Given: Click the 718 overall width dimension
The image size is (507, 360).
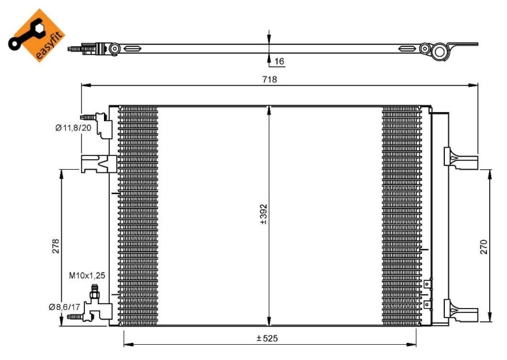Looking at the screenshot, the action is [x=269, y=79].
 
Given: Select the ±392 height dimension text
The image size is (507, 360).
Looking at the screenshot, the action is [x=264, y=214].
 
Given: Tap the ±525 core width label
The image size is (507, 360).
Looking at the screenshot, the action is [x=267, y=338].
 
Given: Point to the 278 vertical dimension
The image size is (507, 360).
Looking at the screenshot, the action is [x=56, y=246].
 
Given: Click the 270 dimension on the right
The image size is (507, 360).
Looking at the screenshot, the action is [x=484, y=247].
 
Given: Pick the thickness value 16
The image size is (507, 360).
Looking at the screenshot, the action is [x=279, y=61].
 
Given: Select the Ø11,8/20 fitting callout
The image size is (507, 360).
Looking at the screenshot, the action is [x=73, y=128].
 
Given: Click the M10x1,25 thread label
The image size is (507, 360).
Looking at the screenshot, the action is [x=87, y=275].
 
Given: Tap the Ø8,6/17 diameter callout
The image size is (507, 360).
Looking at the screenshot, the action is [x=65, y=307].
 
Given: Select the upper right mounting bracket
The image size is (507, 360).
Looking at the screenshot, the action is [x=461, y=158].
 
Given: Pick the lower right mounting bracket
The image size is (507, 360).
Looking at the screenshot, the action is [x=461, y=311].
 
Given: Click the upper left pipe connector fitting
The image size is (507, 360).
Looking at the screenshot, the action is [x=97, y=125].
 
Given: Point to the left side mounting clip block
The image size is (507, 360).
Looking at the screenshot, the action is [x=99, y=164].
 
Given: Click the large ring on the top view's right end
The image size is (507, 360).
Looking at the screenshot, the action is [x=439, y=51].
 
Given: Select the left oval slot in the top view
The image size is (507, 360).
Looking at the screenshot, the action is [x=132, y=49].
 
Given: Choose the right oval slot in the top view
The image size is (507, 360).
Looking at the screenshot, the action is [x=407, y=49].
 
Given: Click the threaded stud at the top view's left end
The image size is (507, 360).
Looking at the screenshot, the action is [x=75, y=49].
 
